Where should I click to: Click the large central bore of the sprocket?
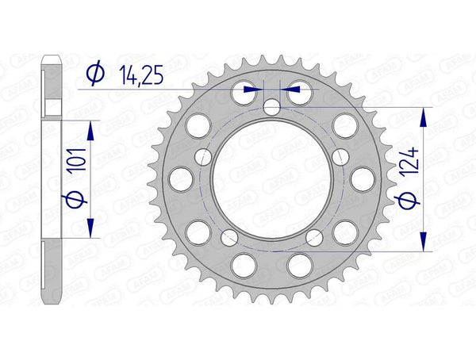coord(269,182)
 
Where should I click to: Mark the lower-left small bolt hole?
coord(231,236)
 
